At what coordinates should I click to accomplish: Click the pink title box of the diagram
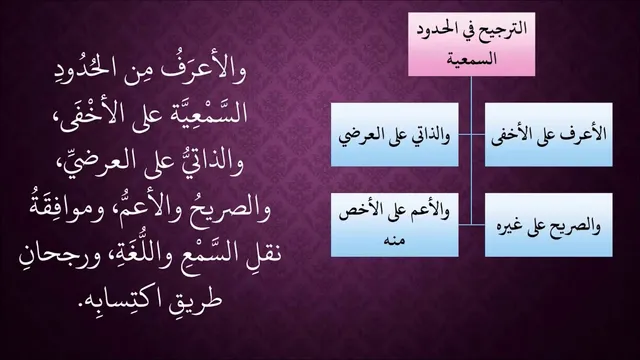click(x=471, y=44)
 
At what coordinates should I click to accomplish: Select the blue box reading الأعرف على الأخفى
click(x=549, y=135)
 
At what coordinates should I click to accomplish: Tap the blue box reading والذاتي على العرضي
click(x=394, y=135)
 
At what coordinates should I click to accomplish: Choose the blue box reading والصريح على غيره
click(x=549, y=225)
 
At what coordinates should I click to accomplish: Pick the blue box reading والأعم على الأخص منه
click(x=394, y=225)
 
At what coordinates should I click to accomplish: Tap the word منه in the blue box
click(x=394, y=240)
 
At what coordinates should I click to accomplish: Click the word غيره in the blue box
click(x=513, y=227)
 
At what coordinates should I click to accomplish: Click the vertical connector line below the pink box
click(x=471, y=150)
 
